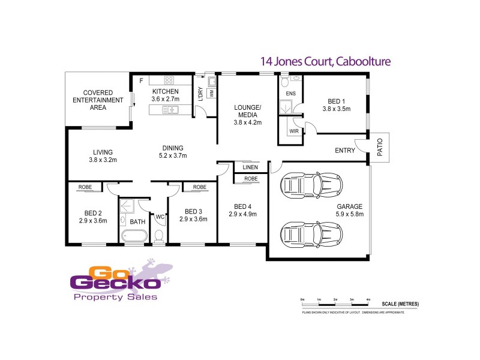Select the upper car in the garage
(x=310, y=185)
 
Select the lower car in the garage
(x=310, y=233)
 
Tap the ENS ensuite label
(x=291, y=94)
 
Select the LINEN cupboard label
(x=250, y=167)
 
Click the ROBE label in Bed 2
(x=85, y=187)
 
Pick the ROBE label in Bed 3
(x=199, y=187)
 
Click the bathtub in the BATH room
(x=137, y=236)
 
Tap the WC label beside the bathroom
(x=160, y=217)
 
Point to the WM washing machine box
(x=211, y=93)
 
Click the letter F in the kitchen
(x=141, y=80)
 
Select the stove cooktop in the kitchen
(x=169, y=79)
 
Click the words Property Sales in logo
(x=114, y=297)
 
